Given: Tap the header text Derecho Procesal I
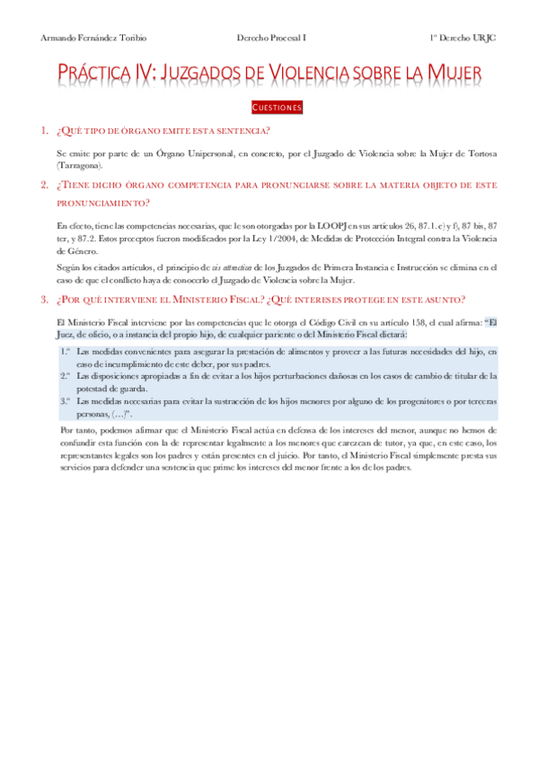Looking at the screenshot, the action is [x=271, y=39].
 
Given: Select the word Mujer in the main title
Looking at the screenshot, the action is [x=450, y=73].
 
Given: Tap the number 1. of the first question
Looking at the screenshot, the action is [x=44, y=131].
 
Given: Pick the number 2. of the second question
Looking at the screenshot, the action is [x=44, y=185].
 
